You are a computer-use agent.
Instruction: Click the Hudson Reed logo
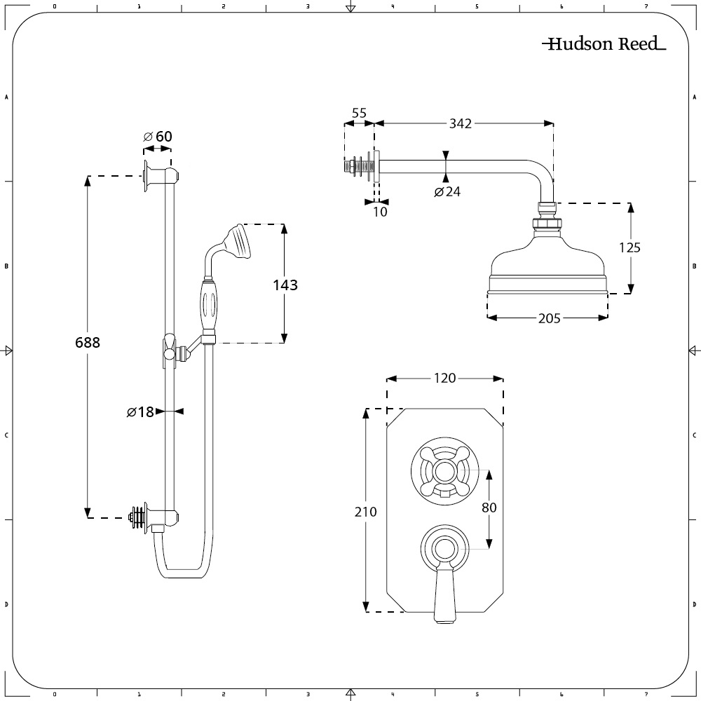coord(604,44)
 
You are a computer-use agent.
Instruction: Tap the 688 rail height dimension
coord(88,343)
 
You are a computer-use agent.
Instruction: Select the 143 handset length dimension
coord(285,285)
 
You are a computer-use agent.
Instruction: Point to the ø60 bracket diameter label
coord(158,136)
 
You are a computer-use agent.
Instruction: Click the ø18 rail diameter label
coord(140,412)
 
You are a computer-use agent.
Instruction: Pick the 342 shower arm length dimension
coord(461,123)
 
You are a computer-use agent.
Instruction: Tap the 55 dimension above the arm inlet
coord(359,112)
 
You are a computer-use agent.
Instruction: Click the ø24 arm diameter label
coord(447,191)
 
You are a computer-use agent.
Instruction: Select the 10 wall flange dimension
coord(379,211)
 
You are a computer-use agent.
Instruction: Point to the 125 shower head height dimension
coord(629,247)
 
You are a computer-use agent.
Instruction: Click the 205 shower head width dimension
coord(549,318)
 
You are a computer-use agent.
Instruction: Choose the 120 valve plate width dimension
coord(445,379)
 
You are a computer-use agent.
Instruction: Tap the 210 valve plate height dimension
coord(366,512)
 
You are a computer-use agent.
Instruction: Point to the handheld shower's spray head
coord(238,241)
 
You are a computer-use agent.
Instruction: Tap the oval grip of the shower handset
coord(209,305)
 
